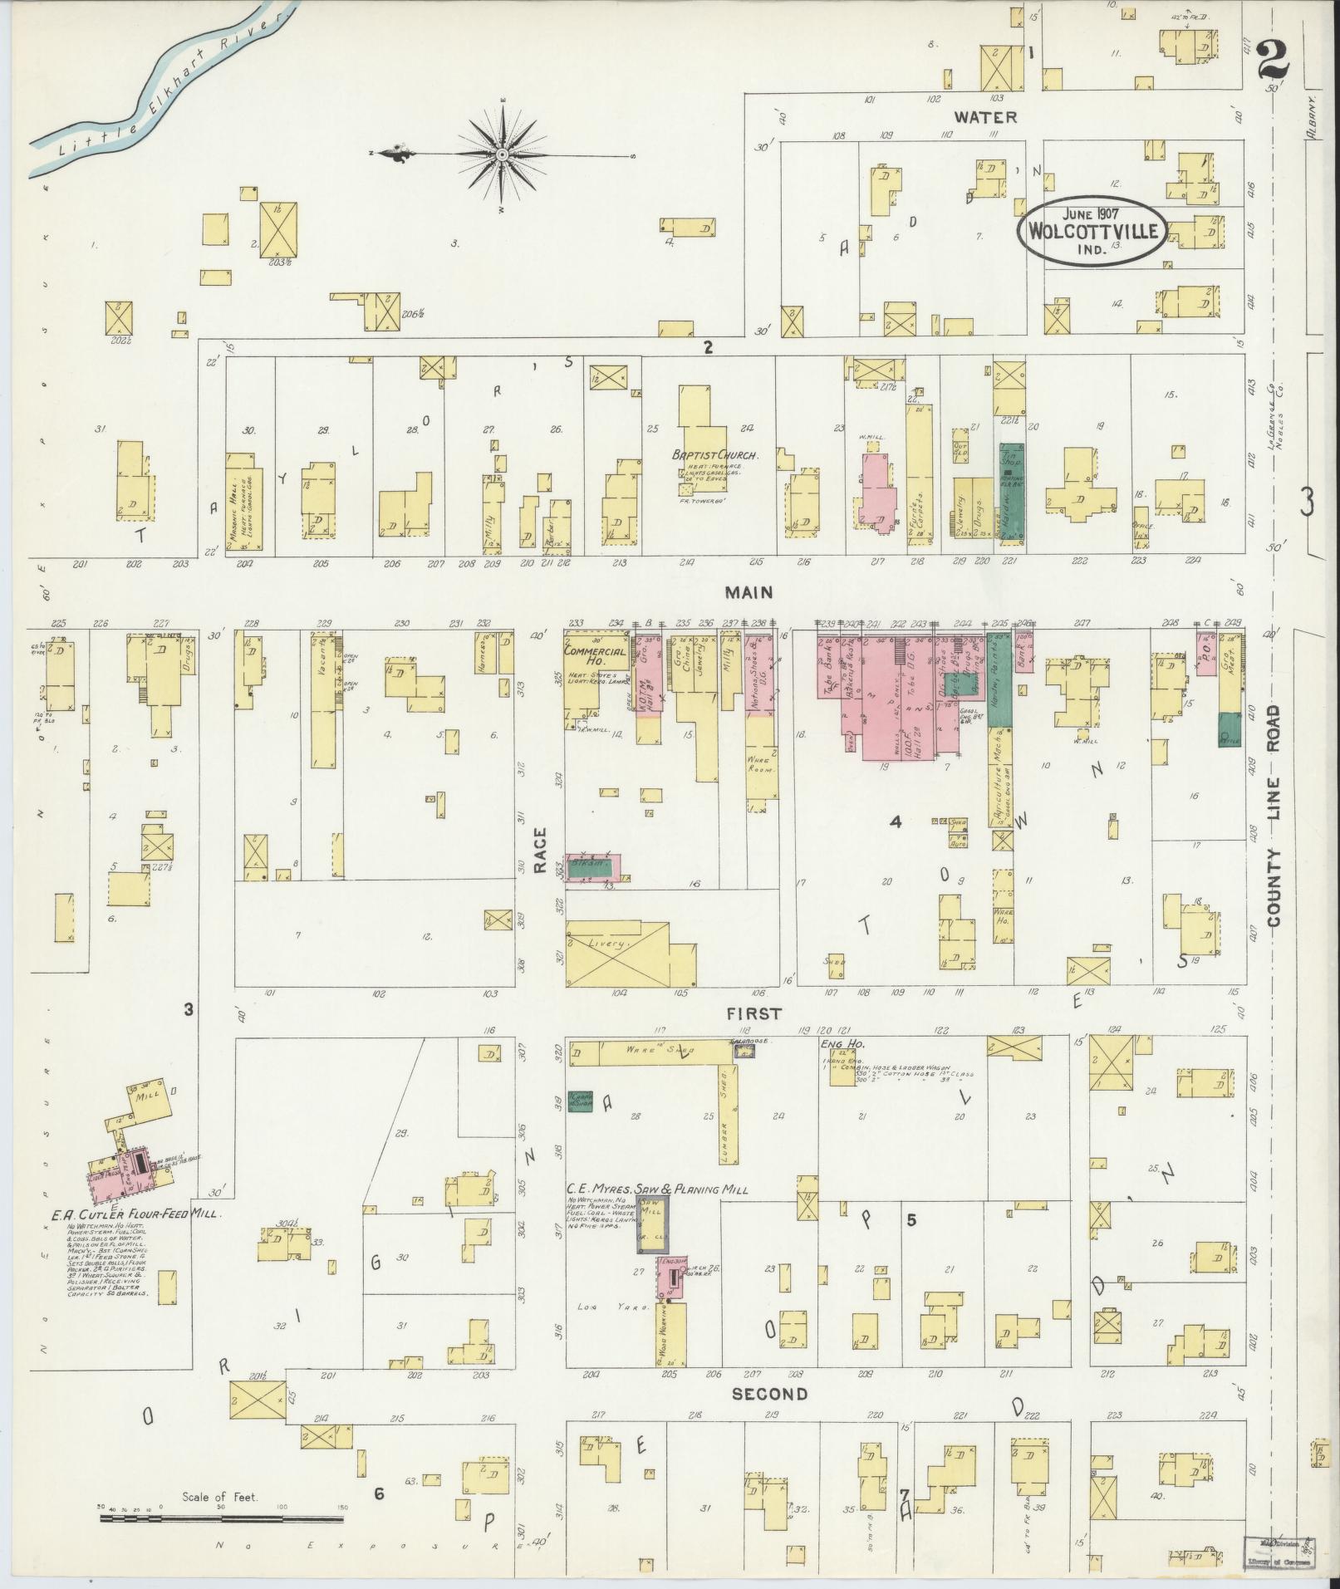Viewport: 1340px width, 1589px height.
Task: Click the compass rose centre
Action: coord(503,155)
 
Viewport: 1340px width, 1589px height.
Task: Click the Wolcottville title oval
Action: coord(1092,230)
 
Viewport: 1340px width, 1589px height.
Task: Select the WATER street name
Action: coord(985,117)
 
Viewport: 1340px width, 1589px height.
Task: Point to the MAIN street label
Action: coord(748,592)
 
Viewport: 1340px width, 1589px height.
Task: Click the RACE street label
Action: coord(540,851)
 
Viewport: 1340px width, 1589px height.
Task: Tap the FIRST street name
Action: coord(753,1013)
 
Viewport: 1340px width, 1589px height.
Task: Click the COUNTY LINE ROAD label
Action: coord(1274,816)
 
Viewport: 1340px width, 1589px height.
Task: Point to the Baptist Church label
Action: coord(708,456)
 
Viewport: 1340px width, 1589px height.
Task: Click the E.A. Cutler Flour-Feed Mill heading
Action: coord(134,1214)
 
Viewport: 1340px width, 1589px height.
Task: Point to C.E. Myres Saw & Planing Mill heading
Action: coord(656,1189)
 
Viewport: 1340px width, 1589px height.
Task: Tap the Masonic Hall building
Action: coord(239,503)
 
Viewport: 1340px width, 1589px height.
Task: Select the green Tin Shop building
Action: coord(1012,494)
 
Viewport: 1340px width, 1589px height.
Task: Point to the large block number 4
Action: coord(895,822)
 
